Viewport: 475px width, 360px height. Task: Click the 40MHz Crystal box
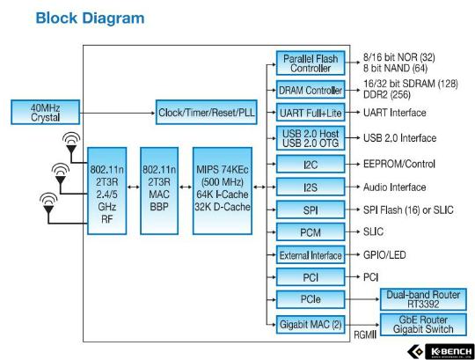pyautogui.click(x=46, y=112)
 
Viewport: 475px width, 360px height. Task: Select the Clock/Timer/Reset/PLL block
pyautogui.click(x=207, y=112)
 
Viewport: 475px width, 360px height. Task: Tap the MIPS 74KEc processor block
pyautogui.click(x=223, y=191)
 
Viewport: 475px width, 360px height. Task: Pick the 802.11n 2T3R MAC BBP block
pyautogui.click(x=159, y=191)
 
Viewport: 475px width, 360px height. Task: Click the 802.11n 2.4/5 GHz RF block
pyautogui.click(x=107, y=191)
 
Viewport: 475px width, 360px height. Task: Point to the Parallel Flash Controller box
pyautogui.click(x=311, y=63)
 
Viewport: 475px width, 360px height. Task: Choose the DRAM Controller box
pyautogui.click(x=311, y=90)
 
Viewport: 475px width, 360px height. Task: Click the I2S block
pyautogui.click(x=311, y=187)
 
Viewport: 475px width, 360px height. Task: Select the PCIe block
pyautogui.click(x=311, y=299)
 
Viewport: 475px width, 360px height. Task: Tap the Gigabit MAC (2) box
pyautogui.click(x=311, y=325)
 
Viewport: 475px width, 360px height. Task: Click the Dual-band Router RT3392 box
pyautogui.click(x=423, y=299)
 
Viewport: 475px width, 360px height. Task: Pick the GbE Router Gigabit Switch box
pyautogui.click(x=423, y=325)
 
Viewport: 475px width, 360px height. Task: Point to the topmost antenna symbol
pyautogui.click(x=71, y=144)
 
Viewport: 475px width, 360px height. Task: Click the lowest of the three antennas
pyautogui.click(x=48, y=204)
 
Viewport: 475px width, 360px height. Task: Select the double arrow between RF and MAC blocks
pyautogui.click(x=134, y=187)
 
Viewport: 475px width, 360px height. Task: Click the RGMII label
pyautogui.click(x=365, y=334)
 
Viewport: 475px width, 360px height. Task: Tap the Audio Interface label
pyautogui.click(x=395, y=187)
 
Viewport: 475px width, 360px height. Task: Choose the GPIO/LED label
pyautogui.click(x=384, y=255)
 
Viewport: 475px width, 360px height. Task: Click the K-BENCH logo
pyautogui.click(x=441, y=351)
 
